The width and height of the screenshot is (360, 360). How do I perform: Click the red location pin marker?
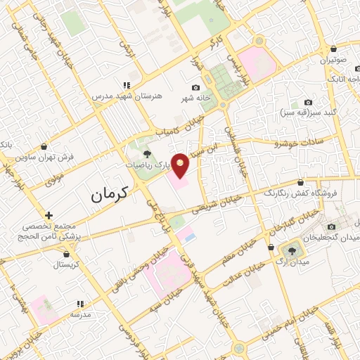(x=181, y=165)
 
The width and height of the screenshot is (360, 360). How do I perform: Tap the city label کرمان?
(x=111, y=196)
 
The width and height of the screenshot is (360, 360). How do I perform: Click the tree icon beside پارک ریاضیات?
(x=147, y=153)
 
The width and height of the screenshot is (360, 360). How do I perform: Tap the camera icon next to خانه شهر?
(x=195, y=86)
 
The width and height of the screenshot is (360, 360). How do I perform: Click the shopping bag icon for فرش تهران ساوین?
(x=44, y=147)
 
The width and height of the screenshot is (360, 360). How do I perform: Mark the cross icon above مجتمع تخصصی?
(x=48, y=214)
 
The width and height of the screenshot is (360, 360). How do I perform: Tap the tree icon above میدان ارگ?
(x=290, y=249)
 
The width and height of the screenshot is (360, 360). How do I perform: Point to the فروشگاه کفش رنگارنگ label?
(x=290, y=193)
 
